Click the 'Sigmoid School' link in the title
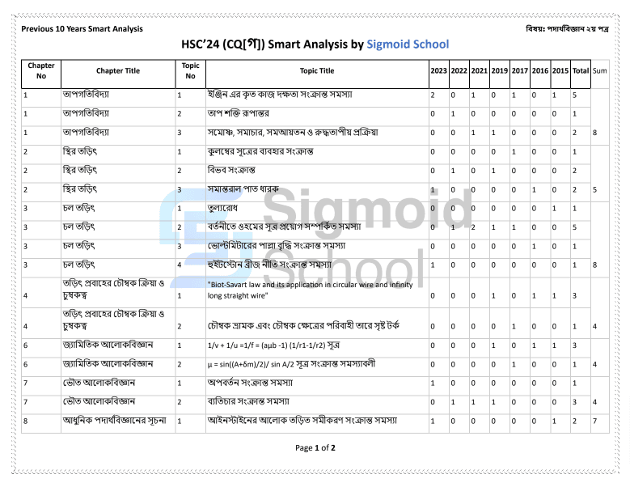click(408, 44)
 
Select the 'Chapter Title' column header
click(118, 71)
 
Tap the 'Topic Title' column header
click(316, 71)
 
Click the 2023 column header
click(438, 71)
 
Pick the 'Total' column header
click(580, 71)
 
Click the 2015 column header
click(560, 71)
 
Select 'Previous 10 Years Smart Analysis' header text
click(82, 29)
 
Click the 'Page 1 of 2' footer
click(315, 447)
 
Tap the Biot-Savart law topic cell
click(310, 290)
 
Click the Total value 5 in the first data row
click(574, 95)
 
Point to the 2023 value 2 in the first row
click(433, 95)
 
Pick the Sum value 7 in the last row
click(595, 421)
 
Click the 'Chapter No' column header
click(41, 71)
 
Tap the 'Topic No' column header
click(190, 71)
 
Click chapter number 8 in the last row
click(27, 421)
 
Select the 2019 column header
click(499, 71)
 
